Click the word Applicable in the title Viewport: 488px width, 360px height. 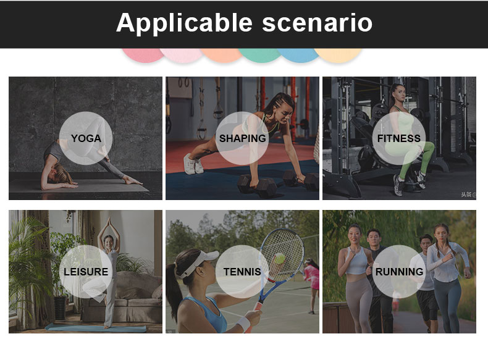(x=184, y=23)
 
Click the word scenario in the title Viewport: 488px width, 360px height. (x=317, y=23)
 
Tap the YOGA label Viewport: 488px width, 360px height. (x=86, y=138)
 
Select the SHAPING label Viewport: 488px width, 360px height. (x=242, y=138)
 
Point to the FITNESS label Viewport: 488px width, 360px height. (x=398, y=138)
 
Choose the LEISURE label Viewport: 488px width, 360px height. (x=86, y=272)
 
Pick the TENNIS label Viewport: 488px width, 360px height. (x=242, y=272)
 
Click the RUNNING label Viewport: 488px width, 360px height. (x=399, y=272)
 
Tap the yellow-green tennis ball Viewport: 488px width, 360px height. (x=279, y=259)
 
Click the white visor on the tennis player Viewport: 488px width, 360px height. (x=199, y=263)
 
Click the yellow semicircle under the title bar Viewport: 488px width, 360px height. (x=338, y=55)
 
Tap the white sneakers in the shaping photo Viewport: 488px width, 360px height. (x=193, y=164)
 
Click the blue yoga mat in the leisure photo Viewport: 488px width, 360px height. (x=96, y=328)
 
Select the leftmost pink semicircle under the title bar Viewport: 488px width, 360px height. (x=143, y=55)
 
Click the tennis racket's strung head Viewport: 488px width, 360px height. (x=282, y=254)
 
